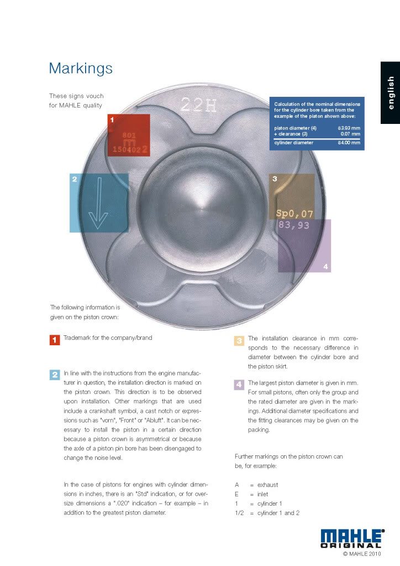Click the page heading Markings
81,68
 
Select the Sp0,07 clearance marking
294,214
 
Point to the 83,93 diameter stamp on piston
294,226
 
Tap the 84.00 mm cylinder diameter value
348,143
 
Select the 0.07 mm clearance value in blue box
349,134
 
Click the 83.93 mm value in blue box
348,128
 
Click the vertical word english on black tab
391,93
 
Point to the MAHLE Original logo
352,538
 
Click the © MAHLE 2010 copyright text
362,553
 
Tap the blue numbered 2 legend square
55,375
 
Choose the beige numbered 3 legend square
239,340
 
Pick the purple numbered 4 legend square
239,384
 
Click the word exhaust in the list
267,485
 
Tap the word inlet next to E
262,494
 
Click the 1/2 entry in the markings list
240,513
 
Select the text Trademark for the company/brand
108,337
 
